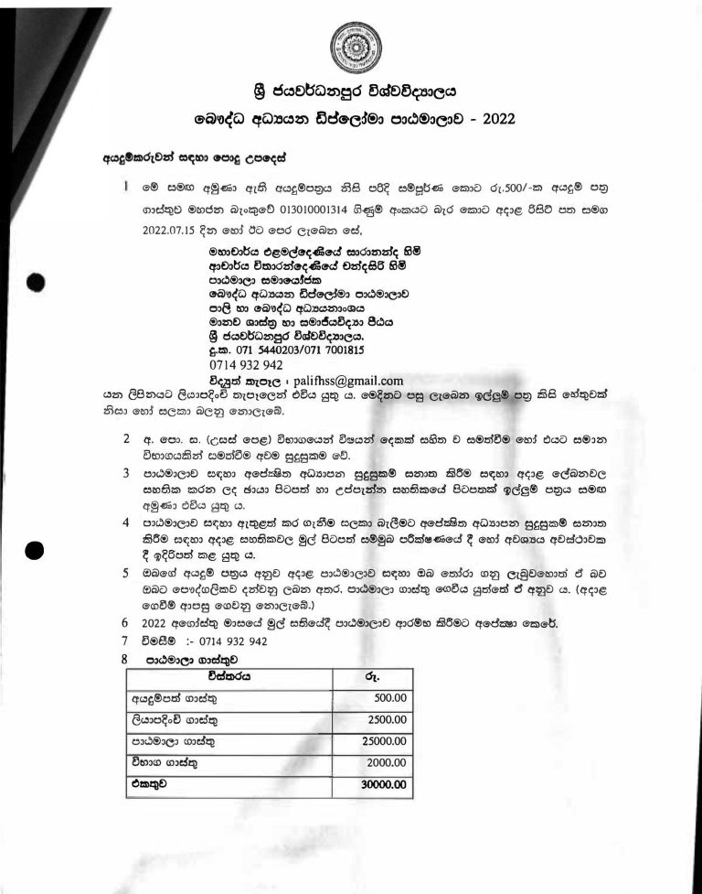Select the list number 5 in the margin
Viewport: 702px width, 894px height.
pyautogui.click(x=125, y=573)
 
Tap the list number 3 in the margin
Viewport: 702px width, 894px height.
pyautogui.click(x=125, y=472)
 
